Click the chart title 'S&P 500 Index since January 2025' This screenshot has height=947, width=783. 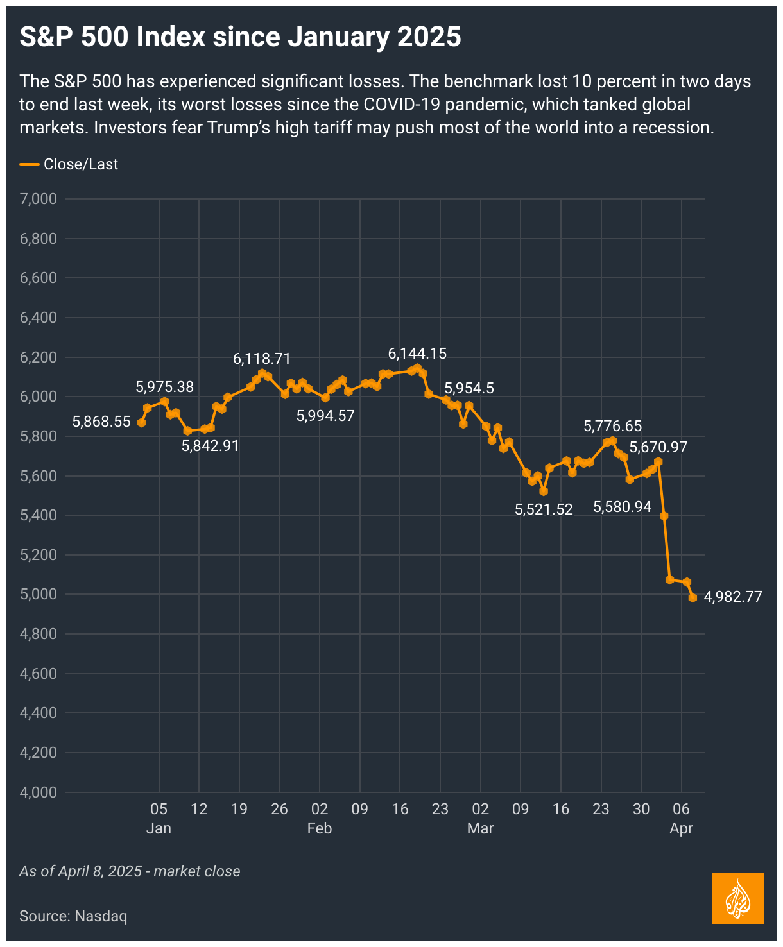[x=240, y=37]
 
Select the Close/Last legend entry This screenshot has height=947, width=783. [x=69, y=164]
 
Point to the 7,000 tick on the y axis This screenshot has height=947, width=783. [x=39, y=199]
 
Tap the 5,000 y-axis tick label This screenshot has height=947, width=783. [x=39, y=594]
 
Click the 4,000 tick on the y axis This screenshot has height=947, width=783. [x=39, y=792]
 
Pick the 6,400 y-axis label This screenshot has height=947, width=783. [x=39, y=318]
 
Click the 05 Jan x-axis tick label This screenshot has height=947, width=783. [x=159, y=817]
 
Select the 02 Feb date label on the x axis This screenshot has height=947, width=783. [x=320, y=817]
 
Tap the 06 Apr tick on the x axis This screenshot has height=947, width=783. [x=681, y=817]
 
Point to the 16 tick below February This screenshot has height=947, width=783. [x=400, y=808]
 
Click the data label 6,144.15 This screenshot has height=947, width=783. [x=417, y=354]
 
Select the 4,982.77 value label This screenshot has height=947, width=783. [x=733, y=597]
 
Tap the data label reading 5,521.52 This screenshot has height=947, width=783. [x=544, y=509]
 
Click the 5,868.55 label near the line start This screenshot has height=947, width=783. [x=101, y=422]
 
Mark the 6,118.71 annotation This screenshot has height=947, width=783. [x=262, y=359]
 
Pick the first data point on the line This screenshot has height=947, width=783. [x=142, y=422]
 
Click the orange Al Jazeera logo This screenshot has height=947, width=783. [x=737, y=898]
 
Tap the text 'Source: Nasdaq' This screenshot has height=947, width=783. [x=73, y=916]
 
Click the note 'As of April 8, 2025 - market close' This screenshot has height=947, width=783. [x=130, y=871]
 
